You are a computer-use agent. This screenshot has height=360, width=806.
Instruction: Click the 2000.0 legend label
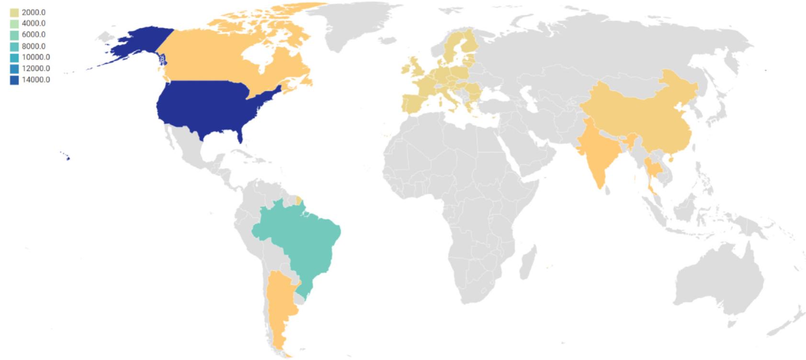(x=34, y=12)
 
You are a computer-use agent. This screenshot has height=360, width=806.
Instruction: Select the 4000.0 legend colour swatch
(x=14, y=23)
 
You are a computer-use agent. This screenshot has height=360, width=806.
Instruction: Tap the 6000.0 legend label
(x=34, y=34)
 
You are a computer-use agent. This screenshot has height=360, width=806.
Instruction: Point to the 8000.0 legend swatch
(x=14, y=46)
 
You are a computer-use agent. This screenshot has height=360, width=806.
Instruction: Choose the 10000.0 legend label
(x=35, y=57)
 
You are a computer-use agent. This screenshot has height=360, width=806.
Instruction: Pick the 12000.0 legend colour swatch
(x=14, y=68)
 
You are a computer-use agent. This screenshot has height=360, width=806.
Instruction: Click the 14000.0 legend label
(x=35, y=79)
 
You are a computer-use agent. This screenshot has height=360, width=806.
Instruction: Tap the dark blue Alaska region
(x=139, y=45)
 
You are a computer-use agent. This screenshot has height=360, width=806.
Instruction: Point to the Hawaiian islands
(x=68, y=158)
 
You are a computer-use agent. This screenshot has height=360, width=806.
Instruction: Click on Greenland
(x=354, y=24)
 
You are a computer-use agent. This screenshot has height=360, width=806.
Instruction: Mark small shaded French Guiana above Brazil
(x=299, y=200)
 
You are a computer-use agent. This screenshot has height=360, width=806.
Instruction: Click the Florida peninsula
(x=240, y=136)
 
